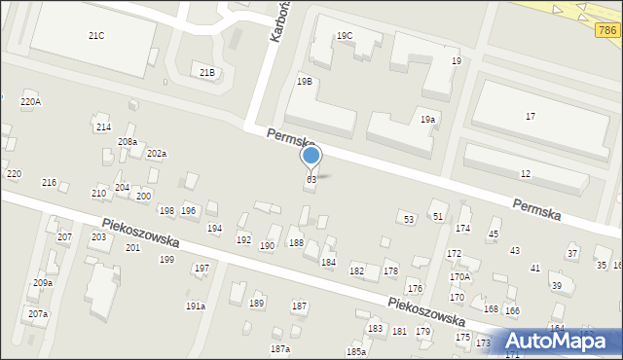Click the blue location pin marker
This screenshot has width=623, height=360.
click(311, 156)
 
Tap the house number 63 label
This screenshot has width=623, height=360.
click(311, 180)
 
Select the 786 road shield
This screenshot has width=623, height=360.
click(606, 31)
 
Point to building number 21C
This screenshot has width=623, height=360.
click(96, 36)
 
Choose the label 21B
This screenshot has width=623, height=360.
click(207, 73)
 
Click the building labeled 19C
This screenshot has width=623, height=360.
click(345, 36)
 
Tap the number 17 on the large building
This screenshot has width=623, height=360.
click(531, 117)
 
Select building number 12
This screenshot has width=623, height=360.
click(526, 174)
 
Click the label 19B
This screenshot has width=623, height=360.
click(305, 82)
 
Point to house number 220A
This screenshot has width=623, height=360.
click(30, 102)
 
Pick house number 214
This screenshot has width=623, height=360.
click(103, 127)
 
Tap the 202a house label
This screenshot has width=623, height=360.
click(157, 154)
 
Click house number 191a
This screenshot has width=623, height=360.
click(196, 306)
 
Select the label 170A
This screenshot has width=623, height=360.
click(459, 277)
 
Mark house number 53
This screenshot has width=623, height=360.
click(409, 220)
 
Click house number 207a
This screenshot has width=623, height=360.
click(38, 314)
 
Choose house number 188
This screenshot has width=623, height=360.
click(296, 243)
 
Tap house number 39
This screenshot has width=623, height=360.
click(556, 286)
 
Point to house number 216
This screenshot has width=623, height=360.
click(49, 183)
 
